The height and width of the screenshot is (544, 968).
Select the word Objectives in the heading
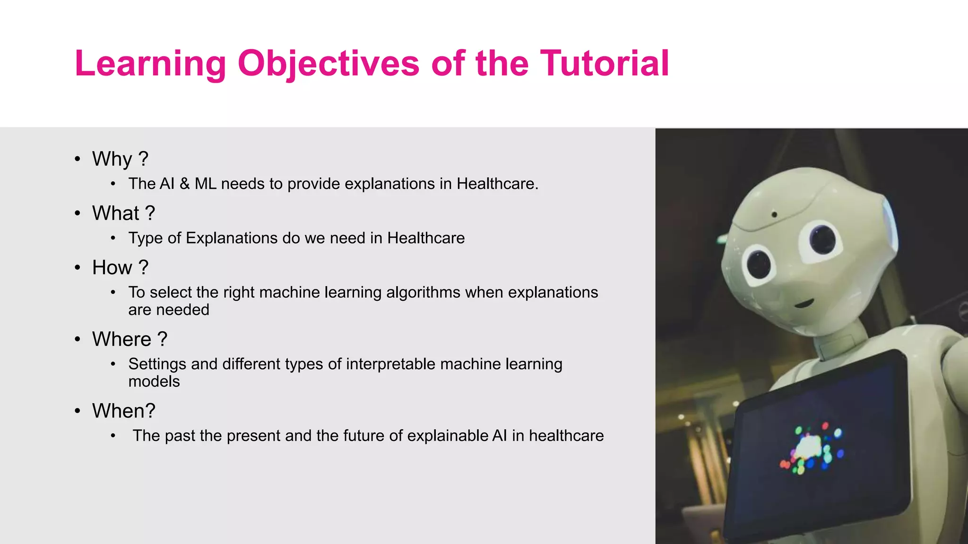point(328,63)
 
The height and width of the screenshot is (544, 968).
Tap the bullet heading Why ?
point(120,159)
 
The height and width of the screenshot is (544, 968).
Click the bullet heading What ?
point(123,213)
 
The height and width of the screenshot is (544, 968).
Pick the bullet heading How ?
point(120,267)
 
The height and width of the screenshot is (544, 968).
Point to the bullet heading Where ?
point(130,339)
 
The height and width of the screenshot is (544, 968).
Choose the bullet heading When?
point(124,411)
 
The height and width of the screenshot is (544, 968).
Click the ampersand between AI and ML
point(184,184)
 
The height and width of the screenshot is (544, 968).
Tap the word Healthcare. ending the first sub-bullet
point(497,184)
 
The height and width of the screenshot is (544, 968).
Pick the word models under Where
point(154,382)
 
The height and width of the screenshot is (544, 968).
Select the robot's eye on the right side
point(823,238)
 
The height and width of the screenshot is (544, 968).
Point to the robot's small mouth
point(803,303)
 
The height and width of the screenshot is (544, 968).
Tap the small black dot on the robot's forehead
point(774,215)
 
